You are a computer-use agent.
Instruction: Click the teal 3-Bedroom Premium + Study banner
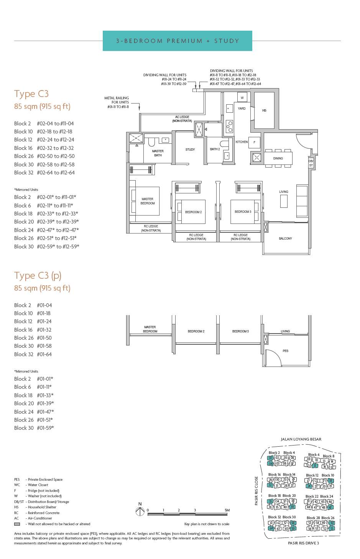coord(177,41)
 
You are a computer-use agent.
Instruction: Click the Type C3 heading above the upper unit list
coord(31,94)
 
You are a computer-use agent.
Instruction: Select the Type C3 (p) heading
coord(38,276)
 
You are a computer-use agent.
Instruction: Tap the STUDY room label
coord(190,150)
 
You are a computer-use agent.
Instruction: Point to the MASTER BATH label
coord(158,153)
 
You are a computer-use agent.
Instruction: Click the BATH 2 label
coord(215,149)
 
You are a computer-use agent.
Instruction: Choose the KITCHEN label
coord(242,142)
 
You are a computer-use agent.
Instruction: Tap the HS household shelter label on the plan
coord(264,110)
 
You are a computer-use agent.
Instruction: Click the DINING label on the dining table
coord(278,158)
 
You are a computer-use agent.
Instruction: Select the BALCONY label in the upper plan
coord(285,238)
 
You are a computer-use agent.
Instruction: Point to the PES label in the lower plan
coord(285,351)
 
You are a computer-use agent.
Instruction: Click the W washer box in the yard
coord(242,98)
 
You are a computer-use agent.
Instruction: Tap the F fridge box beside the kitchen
coord(254,142)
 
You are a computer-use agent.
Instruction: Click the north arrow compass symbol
coord(140,511)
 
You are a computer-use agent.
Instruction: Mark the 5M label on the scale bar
coord(227,510)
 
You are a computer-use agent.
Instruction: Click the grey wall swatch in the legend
coord(17,524)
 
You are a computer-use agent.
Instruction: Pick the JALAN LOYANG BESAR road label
coord(301,439)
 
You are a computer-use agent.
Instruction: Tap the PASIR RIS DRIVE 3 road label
coord(303,543)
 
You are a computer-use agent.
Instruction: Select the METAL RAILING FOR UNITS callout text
coord(117,102)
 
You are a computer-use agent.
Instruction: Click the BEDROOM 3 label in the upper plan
coord(243,212)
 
